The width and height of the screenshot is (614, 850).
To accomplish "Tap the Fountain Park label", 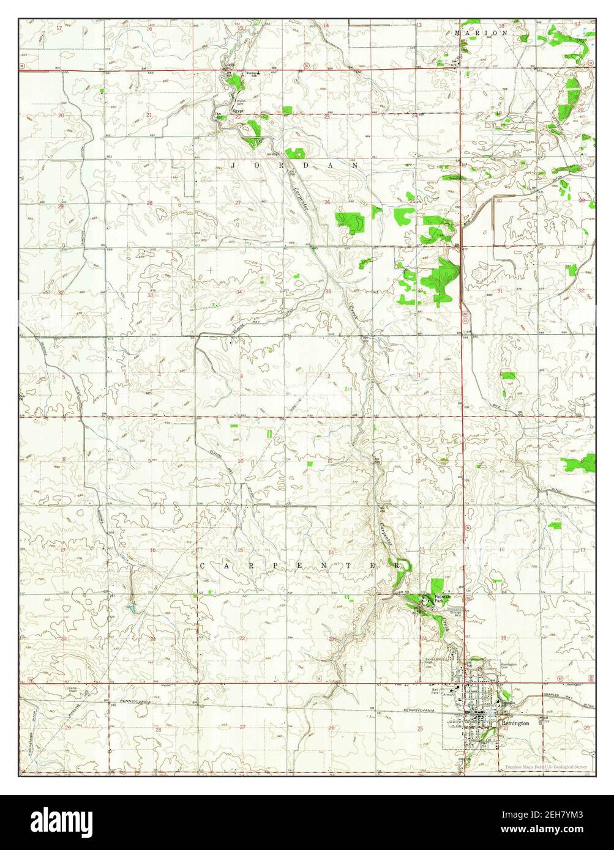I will (x=443, y=599).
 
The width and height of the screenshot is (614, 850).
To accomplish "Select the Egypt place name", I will (x=238, y=111).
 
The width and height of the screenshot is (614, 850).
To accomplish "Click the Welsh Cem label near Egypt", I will (x=241, y=102).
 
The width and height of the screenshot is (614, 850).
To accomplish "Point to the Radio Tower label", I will (x=77, y=690).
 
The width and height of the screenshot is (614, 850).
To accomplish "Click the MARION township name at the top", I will (x=481, y=33).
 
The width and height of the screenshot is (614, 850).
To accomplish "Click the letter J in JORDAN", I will (x=233, y=166).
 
